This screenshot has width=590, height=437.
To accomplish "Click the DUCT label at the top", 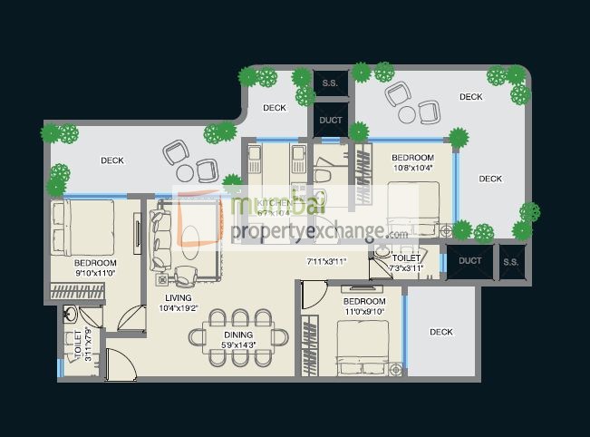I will [x=331, y=120].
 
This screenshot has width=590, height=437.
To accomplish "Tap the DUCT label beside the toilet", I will [x=470, y=260].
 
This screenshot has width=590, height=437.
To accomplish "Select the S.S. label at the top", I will [x=330, y=84].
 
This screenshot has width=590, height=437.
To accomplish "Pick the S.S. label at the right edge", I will [x=511, y=260].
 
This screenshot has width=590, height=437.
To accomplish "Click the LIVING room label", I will [x=179, y=298].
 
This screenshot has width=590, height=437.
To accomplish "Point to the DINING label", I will [x=238, y=335].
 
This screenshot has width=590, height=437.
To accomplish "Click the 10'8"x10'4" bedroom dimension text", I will [x=413, y=167].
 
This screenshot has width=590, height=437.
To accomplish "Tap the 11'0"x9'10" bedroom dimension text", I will [x=364, y=311].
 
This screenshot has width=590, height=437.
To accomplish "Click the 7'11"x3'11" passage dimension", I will [x=328, y=261].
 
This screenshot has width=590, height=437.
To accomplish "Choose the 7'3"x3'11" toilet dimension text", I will [x=406, y=267].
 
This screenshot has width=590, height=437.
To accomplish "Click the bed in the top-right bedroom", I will [x=413, y=209].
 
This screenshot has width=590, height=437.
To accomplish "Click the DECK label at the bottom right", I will [x=440, y=332].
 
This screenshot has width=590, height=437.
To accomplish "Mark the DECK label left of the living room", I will [x=112, y=160].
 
